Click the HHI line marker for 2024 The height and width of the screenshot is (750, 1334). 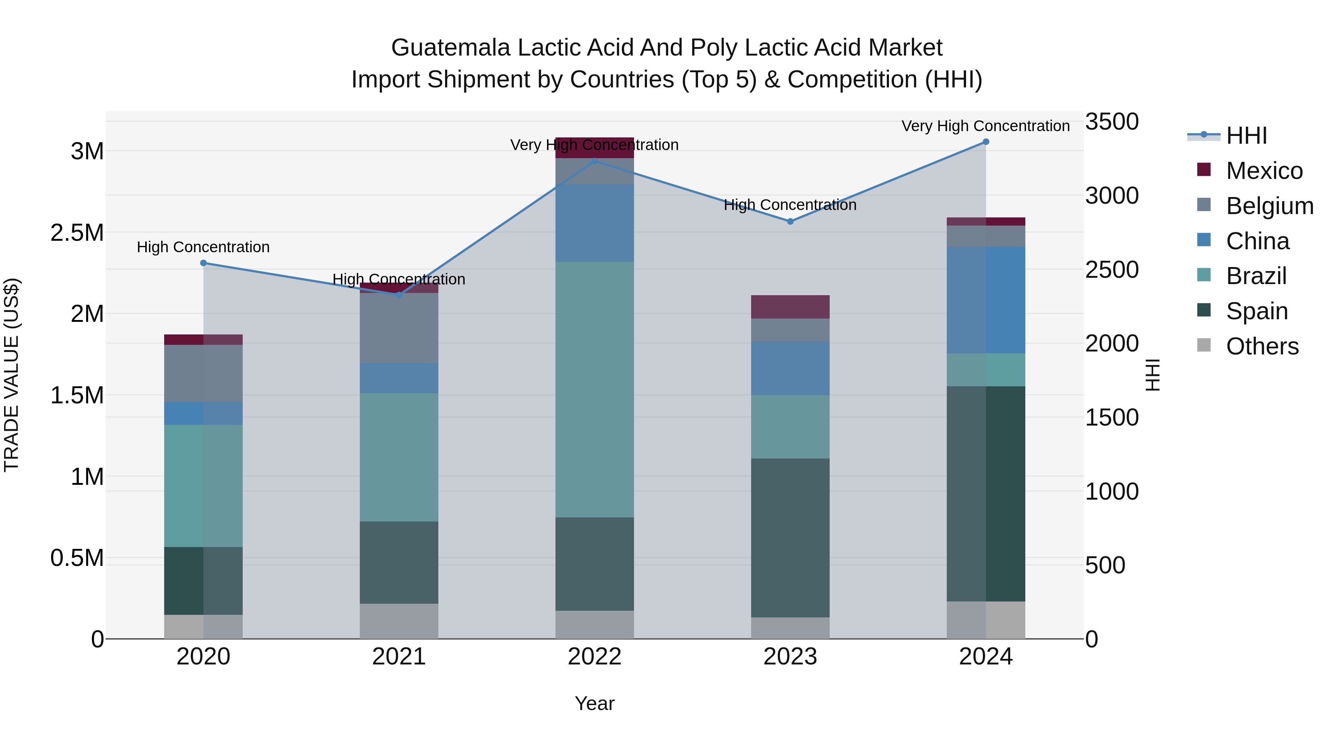[x=985, y=142]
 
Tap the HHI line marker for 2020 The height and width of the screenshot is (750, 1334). [x=203, y=263]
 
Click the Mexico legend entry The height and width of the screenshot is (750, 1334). [x=1264, y=171]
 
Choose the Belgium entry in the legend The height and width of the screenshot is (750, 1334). [x=1269, y=206]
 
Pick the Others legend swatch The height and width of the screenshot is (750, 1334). [x=1204, y=345]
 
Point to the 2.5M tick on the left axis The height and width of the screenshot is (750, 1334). [x=77, y=233]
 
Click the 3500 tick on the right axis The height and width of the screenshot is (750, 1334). [x=1112, y=122]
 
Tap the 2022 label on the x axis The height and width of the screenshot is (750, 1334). [x=594, y=657]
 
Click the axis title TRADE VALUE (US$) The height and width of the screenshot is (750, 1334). [x=11, y=375]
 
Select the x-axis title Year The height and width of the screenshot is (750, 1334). [x=594, y=703]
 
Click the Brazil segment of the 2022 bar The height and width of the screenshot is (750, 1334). [x=594, y=389]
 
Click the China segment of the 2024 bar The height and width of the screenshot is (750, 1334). [x=985, y=300]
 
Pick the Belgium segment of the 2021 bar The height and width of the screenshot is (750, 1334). [x=399, y=328]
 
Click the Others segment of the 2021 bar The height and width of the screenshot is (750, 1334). [x=399, y=621]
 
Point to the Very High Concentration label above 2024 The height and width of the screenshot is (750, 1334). [x=985, y=126]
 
